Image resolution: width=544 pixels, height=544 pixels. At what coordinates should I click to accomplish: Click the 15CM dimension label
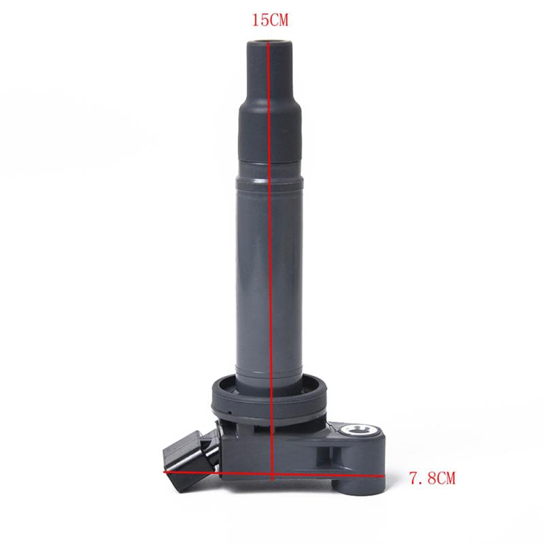[x=270, y=20]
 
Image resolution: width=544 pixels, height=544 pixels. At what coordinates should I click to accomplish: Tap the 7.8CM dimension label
[x=432, y=478]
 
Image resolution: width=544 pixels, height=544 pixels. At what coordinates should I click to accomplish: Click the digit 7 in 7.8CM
[x=414, y=478]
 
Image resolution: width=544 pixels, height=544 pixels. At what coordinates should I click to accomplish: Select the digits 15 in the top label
[x=260, y=20]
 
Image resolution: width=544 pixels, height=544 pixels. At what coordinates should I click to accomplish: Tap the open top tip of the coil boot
[x=269, y=41]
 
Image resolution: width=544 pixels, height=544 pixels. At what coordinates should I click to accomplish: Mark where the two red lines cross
[x=273, y=473]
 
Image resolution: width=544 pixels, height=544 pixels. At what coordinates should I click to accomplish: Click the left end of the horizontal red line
[x=164, y=471]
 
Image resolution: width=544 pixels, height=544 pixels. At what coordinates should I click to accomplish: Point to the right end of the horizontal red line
[x=384, y=476]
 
